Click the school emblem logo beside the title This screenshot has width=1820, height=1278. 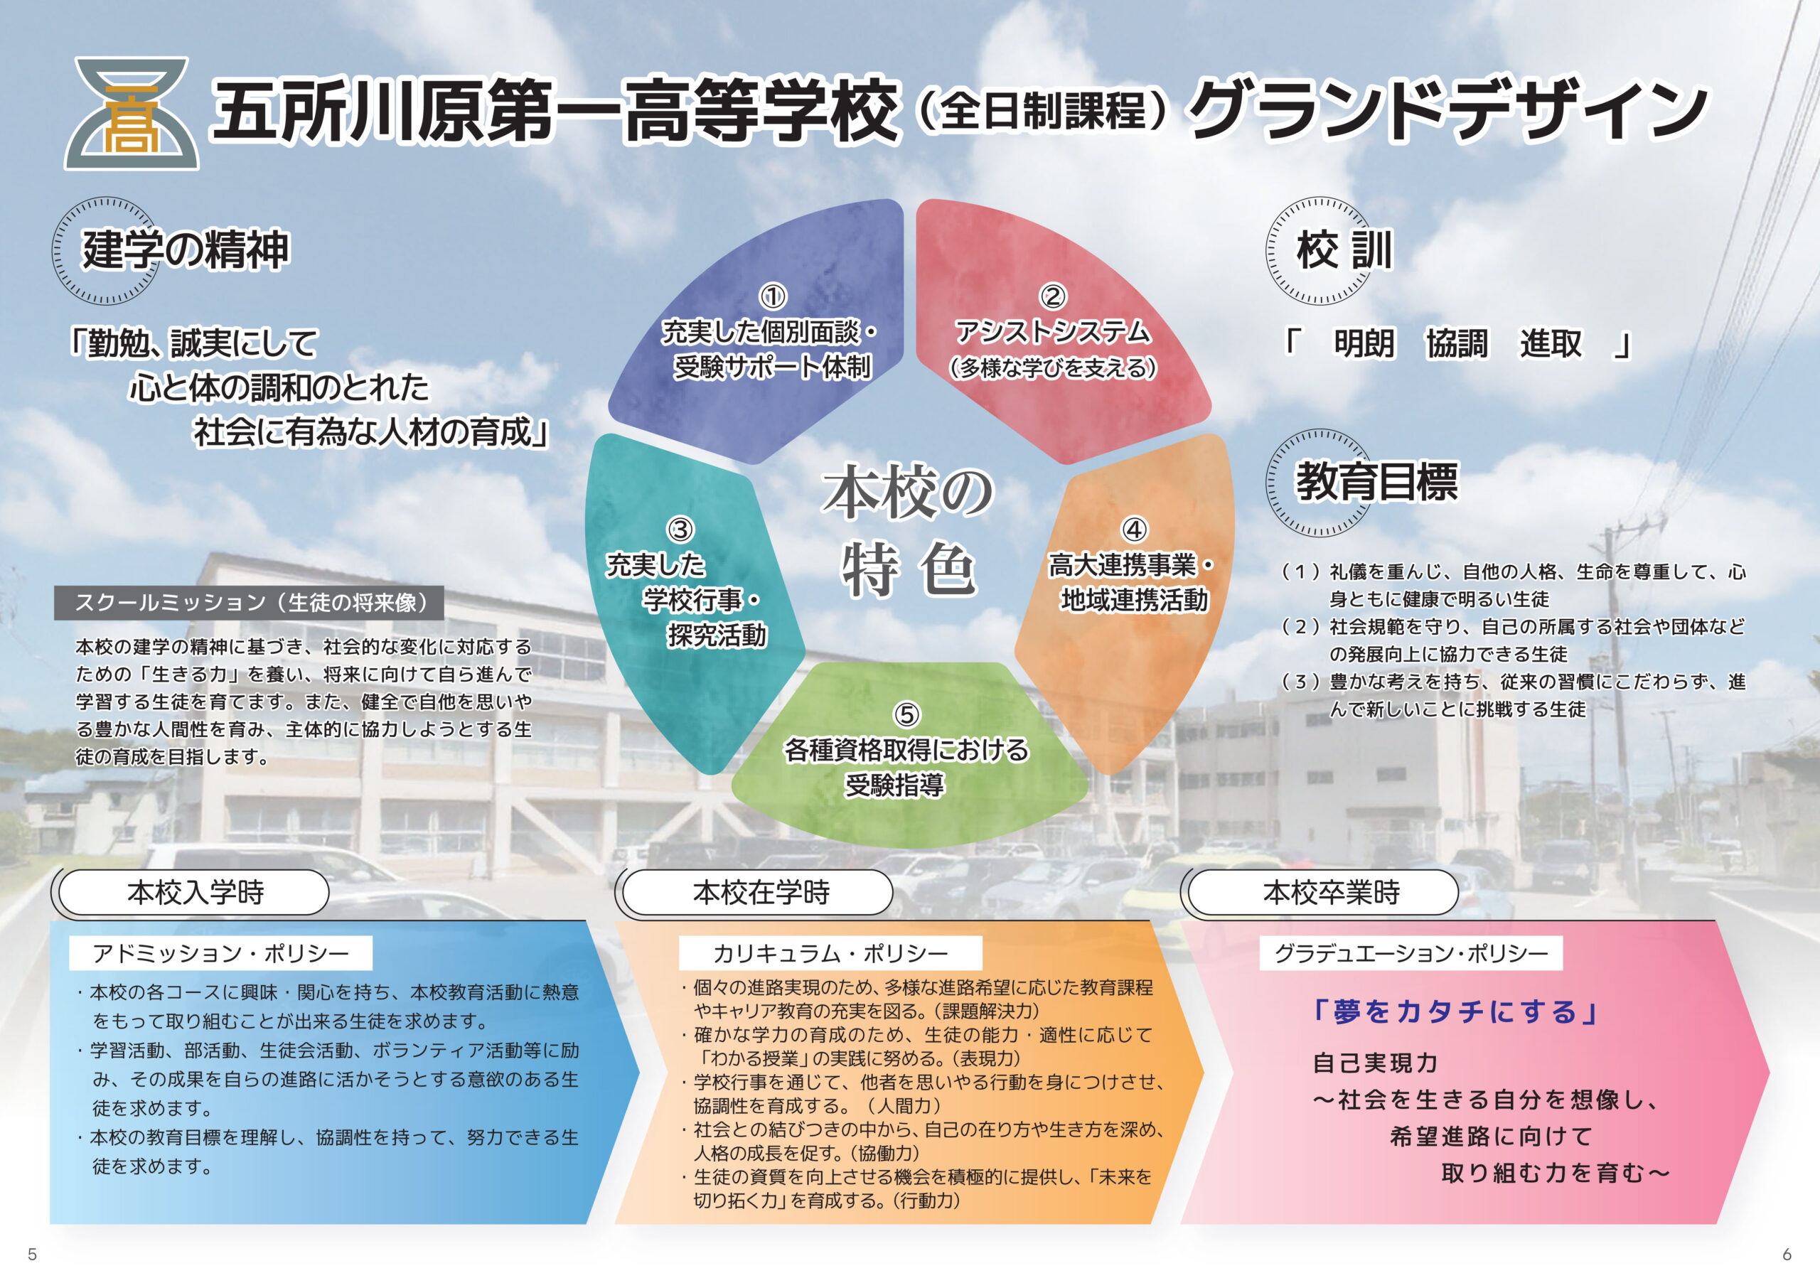pyautogui.click(x=132, y=112)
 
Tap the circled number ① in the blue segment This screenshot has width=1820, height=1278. pyautogui.click(x=773, y=297)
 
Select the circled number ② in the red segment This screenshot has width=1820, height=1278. pyautogui.click(x=1053, y=296)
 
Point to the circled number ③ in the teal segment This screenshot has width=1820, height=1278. pyautogui.click(x=680, y=530)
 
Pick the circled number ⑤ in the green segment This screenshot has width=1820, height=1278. pyautogui.click(x=907, y=714)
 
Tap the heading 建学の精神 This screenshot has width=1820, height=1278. pyautogui.click(x=186, y=249)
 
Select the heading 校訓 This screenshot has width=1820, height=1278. pyautogui.click(x=1344, y=250)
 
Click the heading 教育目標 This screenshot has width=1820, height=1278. pyautogui.click(x=1377, y=482)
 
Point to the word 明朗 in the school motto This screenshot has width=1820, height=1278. pyautogui.click(x=1364, y=344)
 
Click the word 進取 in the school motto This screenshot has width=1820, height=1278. pyautogui.click(x=1551, y=344)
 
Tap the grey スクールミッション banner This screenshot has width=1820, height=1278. pyautogui.click(x=249, y=603)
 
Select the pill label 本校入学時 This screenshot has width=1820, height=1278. pyautogui.click(x=194, y=892)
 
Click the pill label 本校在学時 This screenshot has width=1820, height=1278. pyautogui.click(x=760, y=892)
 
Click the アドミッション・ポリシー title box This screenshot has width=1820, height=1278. pyautogui.click(x=220, y=953)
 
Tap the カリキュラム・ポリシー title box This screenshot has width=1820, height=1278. pyautogui.click(x=830, y=953)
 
